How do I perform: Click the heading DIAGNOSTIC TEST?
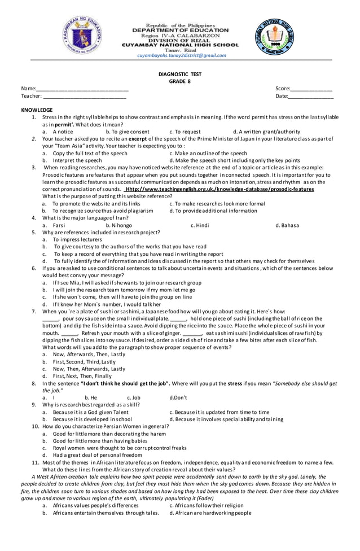point(181,74)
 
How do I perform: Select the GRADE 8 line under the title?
point(181,81)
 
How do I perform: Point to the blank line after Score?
point(311,90)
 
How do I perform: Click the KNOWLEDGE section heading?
point(37,110)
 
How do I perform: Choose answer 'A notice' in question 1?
point(63,132)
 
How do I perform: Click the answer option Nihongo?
point(122,225)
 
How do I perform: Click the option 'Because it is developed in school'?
point(92,419)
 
